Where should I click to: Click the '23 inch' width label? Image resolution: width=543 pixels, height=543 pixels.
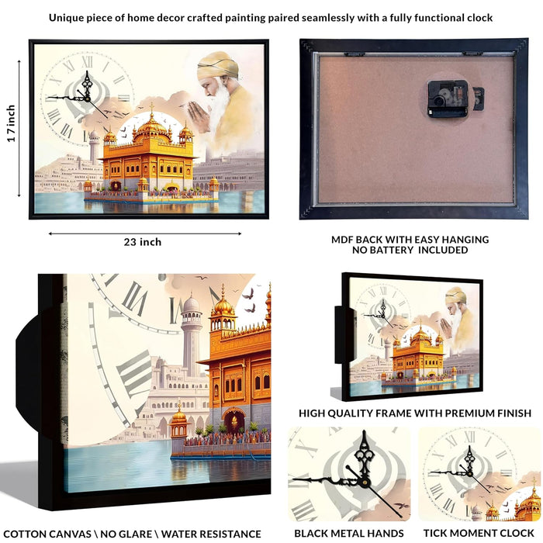click(143, 242)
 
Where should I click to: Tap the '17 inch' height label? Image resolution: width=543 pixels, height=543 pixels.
click(12, 123)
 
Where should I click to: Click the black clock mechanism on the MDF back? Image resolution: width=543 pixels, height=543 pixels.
click(447, 99)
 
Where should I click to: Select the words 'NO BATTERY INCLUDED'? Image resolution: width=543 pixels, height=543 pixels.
click(410, 250)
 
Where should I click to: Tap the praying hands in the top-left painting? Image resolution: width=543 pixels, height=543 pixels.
click(200, 116)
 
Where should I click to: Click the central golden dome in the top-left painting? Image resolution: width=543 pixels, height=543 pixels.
click(152, 124)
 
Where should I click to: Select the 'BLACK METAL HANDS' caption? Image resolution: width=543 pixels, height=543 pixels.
click(349, 534)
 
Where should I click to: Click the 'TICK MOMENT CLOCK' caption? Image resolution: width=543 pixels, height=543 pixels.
click(479, 534)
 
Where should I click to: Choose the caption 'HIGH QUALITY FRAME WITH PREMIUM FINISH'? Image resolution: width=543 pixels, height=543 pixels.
click(415, 413)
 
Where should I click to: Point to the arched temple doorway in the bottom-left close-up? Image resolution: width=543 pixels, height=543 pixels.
click(234, 420)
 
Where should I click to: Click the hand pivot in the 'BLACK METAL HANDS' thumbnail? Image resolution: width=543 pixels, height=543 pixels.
click(365, 482)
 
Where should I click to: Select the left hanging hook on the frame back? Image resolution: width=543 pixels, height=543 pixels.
click(354, 54)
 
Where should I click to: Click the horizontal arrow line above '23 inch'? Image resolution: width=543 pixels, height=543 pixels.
click(145, 233)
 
